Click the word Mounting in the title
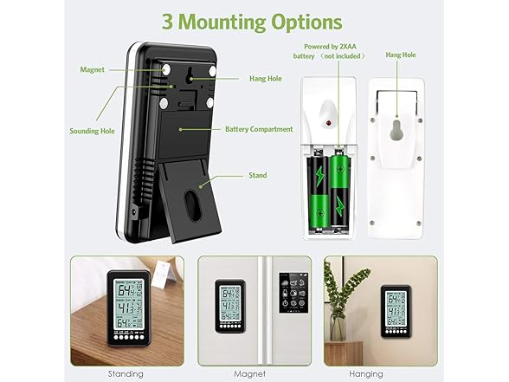[x=222, y=23]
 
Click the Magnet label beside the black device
[x=92, y=69]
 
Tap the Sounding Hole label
[x=92, y=131]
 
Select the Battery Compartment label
[x=259, y=129]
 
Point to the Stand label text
[x=258, y=175]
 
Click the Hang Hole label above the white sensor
[x=401, y=55]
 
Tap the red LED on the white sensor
[x=328, y=123]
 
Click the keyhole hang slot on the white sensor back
[x=396, y=130]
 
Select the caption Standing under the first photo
[x=126, y=374]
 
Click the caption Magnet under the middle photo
[x=249, y=374]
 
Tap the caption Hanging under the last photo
[x=366, y=374]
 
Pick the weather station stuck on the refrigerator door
[x=230, y=306]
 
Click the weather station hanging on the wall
[x=396, y=311]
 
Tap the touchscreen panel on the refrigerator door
[x=293, y=293]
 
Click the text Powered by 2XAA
[x=330, y=47]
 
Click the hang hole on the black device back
[x=190, y=74]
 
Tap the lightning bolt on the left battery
[x=320, y=177]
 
